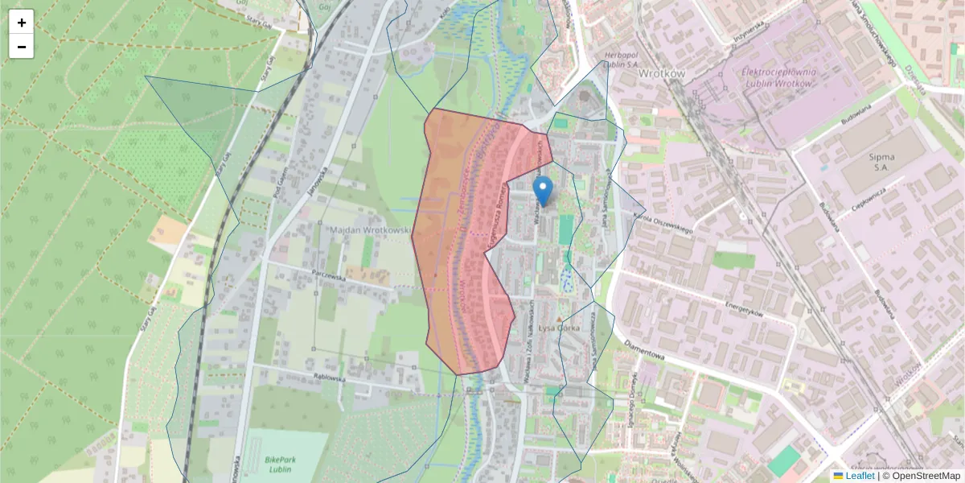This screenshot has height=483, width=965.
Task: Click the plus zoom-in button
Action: [x=22, y=22]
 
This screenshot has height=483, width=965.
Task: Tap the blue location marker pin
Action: [x=544, y=191]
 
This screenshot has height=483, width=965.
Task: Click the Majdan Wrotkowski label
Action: [x=371, y=230]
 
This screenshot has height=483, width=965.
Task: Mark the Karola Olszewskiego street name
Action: [x=663, y=223]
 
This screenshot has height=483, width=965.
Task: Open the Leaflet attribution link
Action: [x=859, y=476]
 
